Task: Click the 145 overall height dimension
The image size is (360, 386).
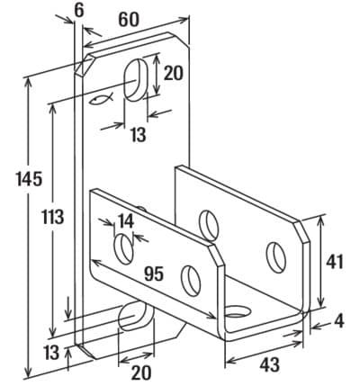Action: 29,179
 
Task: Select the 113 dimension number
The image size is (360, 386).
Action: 53,217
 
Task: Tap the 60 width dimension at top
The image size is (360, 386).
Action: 129,20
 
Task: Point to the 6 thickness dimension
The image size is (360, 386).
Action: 78,11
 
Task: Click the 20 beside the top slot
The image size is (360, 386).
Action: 173,73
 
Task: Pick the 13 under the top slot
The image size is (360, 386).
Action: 139,135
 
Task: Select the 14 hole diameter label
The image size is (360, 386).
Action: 126,221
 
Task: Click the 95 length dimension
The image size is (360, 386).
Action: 154,274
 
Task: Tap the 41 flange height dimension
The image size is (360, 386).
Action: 334,263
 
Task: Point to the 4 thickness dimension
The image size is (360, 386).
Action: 339,321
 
